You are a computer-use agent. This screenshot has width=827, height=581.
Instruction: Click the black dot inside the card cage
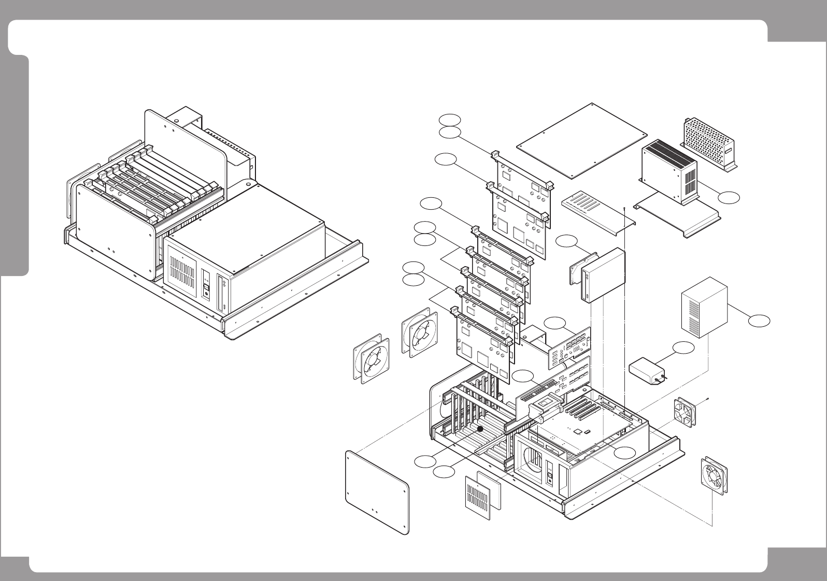(480, 429)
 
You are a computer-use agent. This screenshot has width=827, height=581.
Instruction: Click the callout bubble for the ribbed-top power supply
(729, 196)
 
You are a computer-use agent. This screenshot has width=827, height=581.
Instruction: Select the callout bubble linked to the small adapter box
(683, 347)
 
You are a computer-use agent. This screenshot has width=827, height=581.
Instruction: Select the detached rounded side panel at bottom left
(377, 492)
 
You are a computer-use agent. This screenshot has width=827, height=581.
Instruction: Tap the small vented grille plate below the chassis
(481, 498)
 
